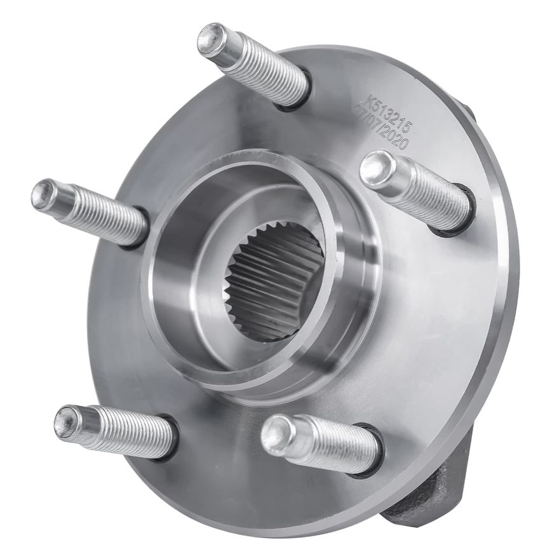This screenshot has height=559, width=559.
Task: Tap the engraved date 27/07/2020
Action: point(382,127)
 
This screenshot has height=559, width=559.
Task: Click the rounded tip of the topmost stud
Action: point(211,39)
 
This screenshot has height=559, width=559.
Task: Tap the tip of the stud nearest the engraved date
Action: point(376,168)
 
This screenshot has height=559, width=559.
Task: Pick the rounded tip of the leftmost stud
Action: point(45,194)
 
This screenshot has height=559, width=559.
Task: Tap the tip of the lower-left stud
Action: point(68,422)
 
